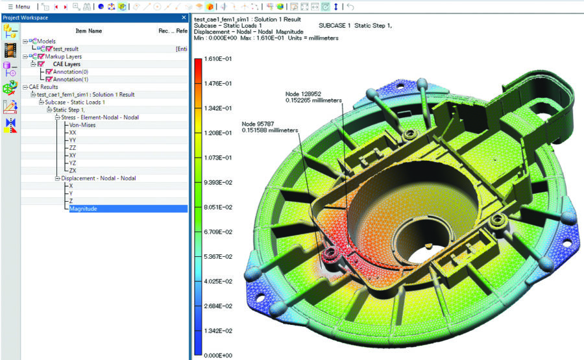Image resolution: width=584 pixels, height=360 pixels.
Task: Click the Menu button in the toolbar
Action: coord(19,6)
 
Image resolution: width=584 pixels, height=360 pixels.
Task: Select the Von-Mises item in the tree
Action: coord(82,125)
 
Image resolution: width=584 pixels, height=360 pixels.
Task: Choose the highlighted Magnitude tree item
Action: coord(83,209)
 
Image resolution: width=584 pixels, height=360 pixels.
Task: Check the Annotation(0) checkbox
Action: coord(49,71)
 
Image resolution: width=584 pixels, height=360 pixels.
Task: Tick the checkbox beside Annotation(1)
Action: coord(49,79)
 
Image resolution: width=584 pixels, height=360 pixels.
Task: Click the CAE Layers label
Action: coord(67,64)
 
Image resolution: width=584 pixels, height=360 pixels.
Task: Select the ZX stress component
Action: coord(73,171)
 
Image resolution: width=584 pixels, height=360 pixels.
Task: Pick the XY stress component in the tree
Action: coord(73,156)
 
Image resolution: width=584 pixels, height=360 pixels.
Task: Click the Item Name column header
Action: coord(89,30)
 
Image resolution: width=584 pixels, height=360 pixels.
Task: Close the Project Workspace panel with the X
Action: coord(184,18)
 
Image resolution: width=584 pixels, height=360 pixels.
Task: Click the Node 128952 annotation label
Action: coord(304,94)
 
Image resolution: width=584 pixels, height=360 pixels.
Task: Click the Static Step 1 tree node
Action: coord(70,110)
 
